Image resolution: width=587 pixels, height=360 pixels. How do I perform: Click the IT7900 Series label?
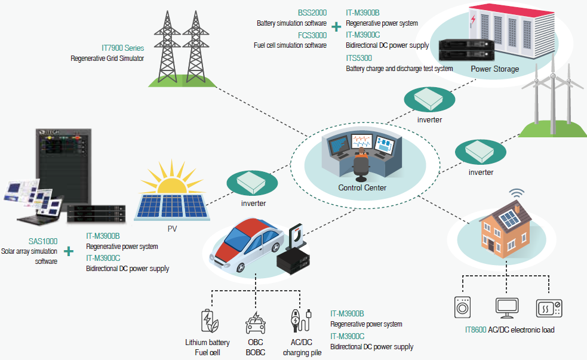(123, 48)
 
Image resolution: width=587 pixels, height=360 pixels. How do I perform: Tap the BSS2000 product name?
(312, 13)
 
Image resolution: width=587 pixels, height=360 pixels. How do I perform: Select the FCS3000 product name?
(312, 35)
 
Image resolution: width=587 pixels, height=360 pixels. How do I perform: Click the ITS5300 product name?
(359, 58)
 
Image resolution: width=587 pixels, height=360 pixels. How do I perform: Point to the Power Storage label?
(494, 69)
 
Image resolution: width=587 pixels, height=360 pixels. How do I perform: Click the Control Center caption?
(362, 187)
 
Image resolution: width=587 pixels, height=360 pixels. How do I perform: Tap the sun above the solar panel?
(172, 178)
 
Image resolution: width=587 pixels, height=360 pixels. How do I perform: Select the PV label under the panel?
(172, 229)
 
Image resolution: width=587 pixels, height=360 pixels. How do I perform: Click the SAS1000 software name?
(43, 241)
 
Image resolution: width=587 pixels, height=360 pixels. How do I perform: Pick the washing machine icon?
(462, 307)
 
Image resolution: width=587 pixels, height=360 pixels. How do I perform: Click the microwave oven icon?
(549, 308)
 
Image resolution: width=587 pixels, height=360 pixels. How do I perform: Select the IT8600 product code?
(475, 330)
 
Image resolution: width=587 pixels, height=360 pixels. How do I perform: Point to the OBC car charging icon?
(256, 322)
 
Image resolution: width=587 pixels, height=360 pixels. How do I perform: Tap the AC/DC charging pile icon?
(301, 321)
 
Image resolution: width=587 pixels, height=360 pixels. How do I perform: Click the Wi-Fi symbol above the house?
(517, 193)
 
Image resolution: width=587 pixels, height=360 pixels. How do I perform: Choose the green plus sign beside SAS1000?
(69, 251)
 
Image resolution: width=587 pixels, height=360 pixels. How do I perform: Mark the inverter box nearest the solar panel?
(252, 183)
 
